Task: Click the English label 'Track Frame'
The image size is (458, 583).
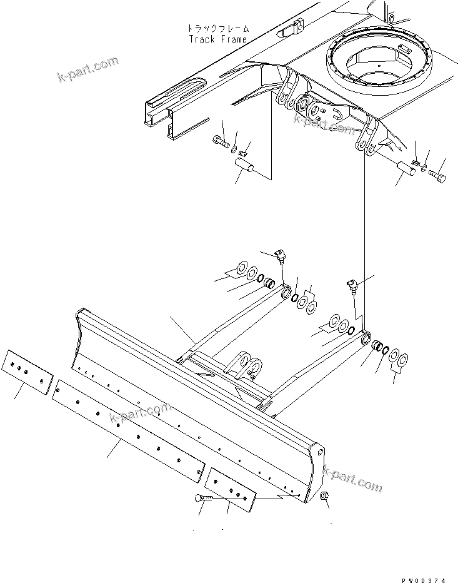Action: coord(217,39)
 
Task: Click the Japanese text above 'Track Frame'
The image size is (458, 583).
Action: coord(218,28)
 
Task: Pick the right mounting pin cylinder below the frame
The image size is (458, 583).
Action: coord(407,169)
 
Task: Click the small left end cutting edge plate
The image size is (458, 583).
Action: coord(27,372)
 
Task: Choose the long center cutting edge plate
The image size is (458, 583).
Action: coord(128,431)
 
